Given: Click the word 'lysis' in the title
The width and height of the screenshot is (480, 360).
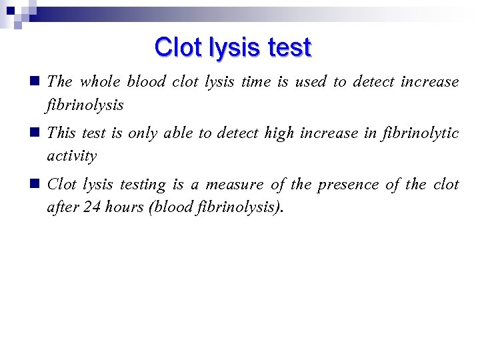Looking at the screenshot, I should (x=228, y=48).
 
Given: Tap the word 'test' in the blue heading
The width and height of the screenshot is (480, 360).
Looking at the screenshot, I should (x=289, y=48).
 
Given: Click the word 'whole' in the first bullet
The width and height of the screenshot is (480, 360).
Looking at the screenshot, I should (x=99, y=82).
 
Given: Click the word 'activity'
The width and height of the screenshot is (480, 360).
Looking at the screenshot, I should (x=72, y=156).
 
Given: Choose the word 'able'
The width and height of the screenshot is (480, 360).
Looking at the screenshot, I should (x=177, y=133).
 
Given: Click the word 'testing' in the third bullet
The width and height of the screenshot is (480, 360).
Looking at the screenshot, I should (x=142, y=185).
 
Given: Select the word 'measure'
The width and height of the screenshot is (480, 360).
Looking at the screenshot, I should (x=234, y=185).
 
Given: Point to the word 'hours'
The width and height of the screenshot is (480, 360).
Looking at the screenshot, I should (x=125, y=207).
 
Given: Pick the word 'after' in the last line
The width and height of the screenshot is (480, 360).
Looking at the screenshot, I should (x=63, y=207).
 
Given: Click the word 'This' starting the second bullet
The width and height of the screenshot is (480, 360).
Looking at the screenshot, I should (x=62, y=133).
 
